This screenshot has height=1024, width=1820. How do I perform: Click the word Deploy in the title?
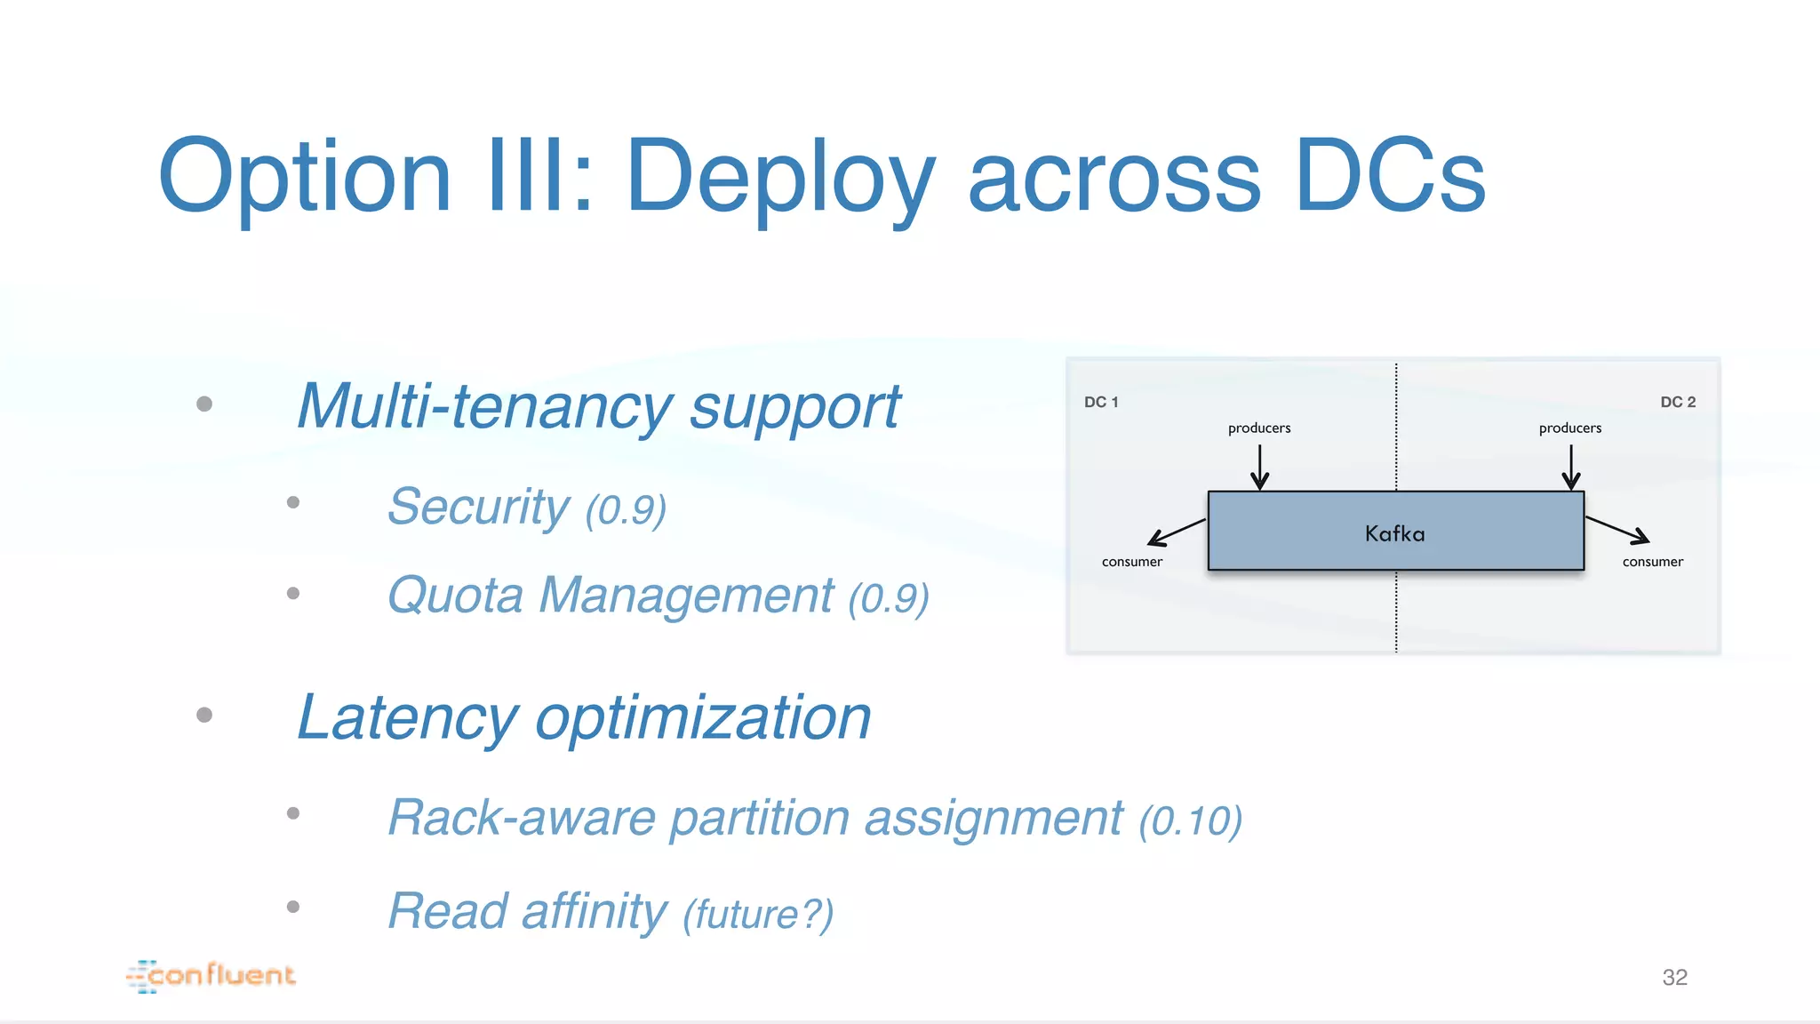tap(780, 178)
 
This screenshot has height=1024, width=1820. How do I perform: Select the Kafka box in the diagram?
tap(1395, 532)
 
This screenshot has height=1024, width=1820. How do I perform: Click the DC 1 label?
tap(1101, 402)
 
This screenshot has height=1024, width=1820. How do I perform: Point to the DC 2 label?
tap(1678, 402)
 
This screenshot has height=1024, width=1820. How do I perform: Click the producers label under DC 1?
tap(1259, 428)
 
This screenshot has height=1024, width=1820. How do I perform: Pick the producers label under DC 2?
tap(1570, 428)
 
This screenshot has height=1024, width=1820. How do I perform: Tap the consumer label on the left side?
tap(1132, 562)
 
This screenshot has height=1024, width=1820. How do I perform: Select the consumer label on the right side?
tap(1653, 562)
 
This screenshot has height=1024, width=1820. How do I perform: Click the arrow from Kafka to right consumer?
tap(1617, 529)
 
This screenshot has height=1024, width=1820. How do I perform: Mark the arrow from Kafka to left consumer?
tap(1177, 532)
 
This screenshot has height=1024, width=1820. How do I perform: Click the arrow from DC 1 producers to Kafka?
tap(1259, 467)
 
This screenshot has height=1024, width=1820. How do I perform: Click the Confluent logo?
tap(212, 975)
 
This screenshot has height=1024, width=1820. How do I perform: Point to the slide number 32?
tap(1674, 978)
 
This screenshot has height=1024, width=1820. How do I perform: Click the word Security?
tap(479, 507)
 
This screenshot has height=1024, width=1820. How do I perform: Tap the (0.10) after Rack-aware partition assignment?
tap(1191, 820)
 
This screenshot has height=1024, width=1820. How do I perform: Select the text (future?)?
tap(758, 914)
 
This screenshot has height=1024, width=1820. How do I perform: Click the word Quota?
tap(456, 596)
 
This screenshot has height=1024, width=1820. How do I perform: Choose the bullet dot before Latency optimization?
tap(204, 715)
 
